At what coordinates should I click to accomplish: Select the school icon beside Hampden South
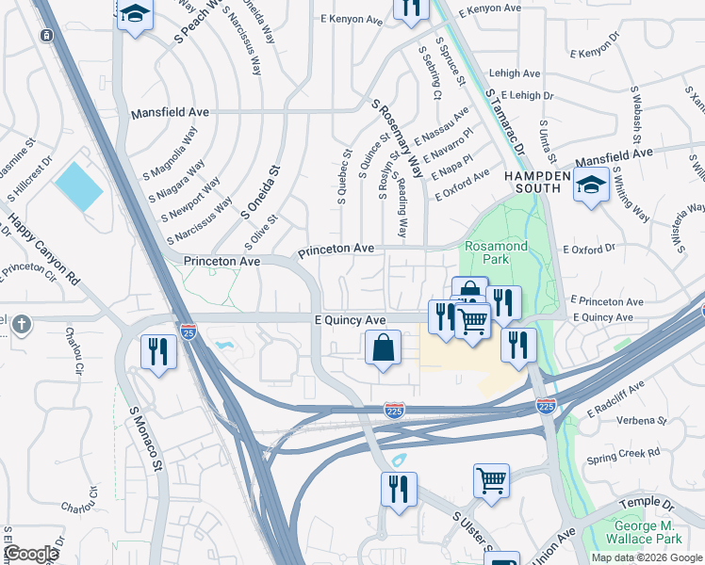(591, 186)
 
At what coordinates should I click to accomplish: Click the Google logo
(31, 554)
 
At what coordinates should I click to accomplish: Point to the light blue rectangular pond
(78, 186)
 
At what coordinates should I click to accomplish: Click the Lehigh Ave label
(515, 73)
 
